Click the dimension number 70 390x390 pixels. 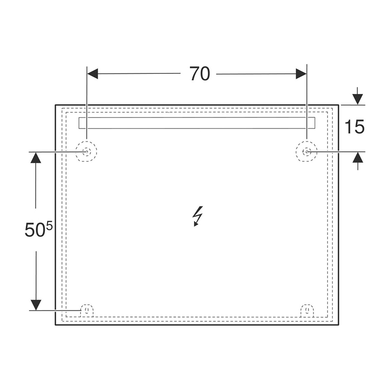200,73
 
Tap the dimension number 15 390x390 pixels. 354,127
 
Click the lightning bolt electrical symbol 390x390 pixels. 198,216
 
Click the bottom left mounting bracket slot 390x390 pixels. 87,311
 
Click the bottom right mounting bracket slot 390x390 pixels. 307,311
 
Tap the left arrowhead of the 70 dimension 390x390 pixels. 93,73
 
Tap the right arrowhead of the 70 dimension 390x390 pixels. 301,73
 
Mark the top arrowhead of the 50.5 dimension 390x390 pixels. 36,157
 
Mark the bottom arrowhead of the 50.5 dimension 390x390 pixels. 36,305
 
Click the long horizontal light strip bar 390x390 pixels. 197,123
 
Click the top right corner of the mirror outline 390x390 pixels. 339,105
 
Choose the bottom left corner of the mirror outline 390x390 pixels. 56,324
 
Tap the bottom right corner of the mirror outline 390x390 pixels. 339,324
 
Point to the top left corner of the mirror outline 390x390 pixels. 56,105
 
